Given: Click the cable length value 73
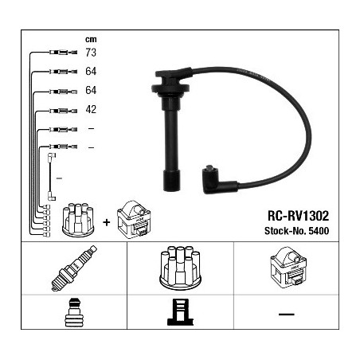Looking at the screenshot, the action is pyautogui.click(x=91, y=53).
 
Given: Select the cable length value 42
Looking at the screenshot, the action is pyautogui.click(x=91, y=109).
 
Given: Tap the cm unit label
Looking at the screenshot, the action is pyautogui.click(x=91, y=40).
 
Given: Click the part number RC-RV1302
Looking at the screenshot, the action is pyautogui.click(x=298, y=216).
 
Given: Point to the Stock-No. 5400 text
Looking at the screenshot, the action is pyautogui.click(x=296, y=231).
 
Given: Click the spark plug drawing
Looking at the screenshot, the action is pyautogui.click(x=74, y=268).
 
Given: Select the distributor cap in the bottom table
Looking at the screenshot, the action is pyautogui.click(x=180, y=268).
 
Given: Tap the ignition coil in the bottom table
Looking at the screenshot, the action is pyautogui.click(x=288, y=268).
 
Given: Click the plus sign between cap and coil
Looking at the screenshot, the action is pyautogui.click(x=106, y=222).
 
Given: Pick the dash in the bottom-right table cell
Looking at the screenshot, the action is pyautogui.click(x=287, y=315).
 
